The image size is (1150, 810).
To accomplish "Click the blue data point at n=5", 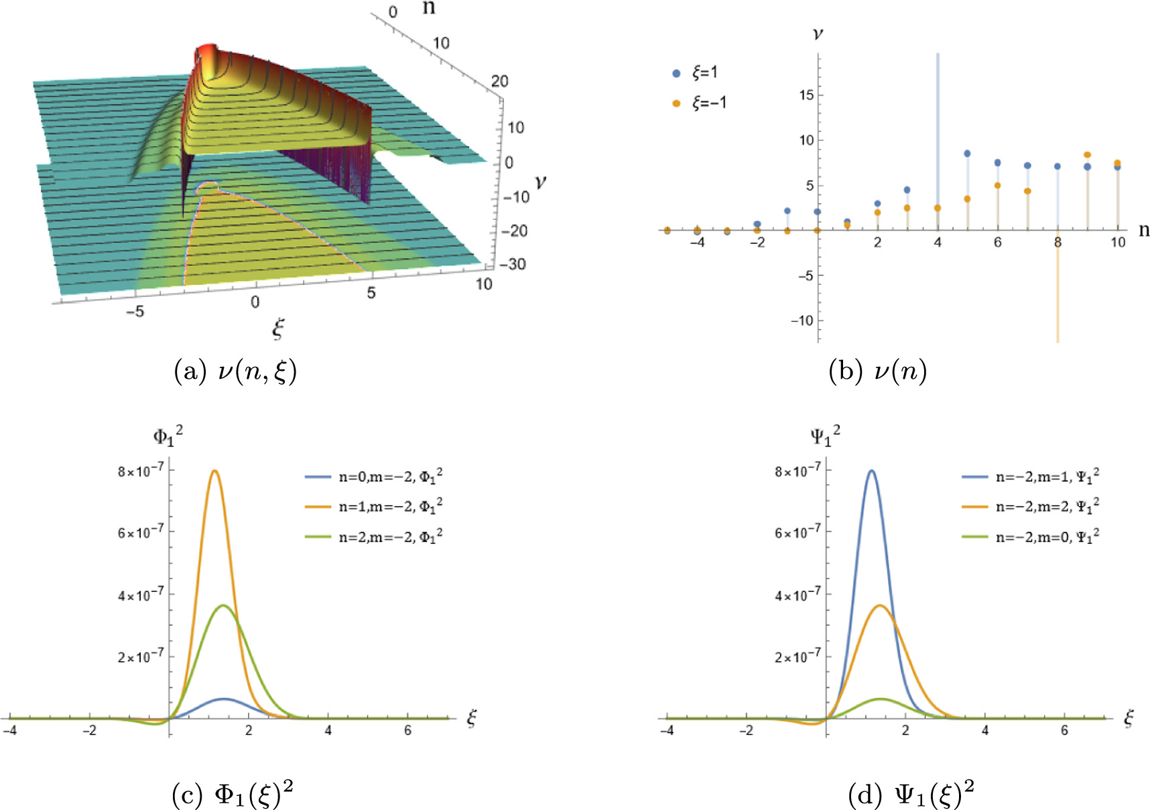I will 967,154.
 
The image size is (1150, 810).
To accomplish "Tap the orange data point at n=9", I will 1087,155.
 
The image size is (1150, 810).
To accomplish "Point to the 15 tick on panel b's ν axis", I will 806,95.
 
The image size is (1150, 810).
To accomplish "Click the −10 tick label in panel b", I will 802,321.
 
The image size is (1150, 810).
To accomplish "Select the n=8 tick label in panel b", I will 1058,243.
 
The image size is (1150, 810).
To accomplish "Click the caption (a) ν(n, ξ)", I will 235,371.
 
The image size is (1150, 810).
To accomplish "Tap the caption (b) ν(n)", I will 877,371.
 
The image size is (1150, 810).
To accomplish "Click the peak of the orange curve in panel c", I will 214,471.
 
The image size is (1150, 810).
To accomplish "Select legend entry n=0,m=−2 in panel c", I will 373,477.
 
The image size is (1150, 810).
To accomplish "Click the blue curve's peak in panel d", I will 871,471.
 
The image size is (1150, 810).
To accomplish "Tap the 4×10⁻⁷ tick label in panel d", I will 797,595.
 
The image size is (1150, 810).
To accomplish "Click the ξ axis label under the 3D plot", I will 277,328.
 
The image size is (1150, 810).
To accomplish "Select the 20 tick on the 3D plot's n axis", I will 499,81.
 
